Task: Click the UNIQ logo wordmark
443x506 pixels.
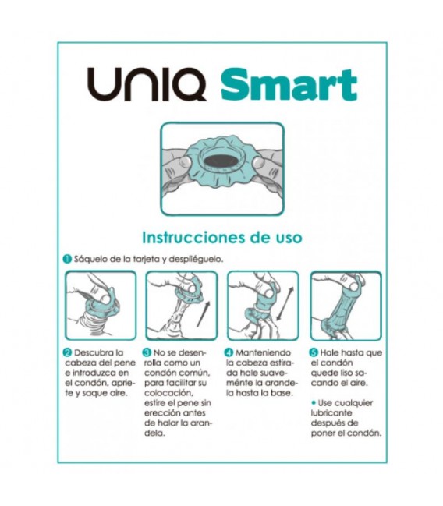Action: point(147,84)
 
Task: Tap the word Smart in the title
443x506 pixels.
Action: point(289,84)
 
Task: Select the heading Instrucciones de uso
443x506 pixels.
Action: point(222,238)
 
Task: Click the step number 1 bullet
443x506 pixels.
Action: point(67,259)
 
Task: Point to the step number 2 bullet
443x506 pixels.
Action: point(68,352)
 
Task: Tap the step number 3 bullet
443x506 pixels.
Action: point(147,352)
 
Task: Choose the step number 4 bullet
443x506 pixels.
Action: point(229,352)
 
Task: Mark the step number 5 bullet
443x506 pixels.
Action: point(314,352)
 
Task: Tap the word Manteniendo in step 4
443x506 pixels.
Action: point(263,352)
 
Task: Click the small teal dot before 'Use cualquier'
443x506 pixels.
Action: point(314,402)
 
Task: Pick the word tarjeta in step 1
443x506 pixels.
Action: point(142,259)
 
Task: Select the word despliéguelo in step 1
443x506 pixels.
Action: point(197,260)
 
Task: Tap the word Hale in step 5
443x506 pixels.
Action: point(329,352)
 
